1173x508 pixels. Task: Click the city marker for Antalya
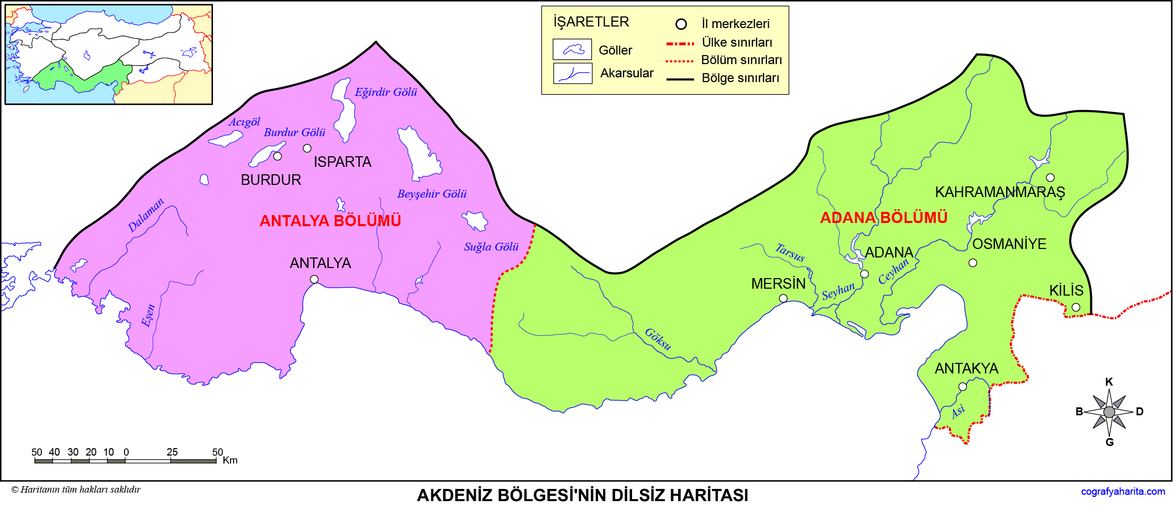click(314, 279)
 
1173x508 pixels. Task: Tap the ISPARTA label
click(342, 162)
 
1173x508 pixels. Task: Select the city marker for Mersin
click(783, 298)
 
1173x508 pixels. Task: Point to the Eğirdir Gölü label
click(386, 92)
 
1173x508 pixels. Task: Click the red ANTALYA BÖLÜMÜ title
click(330, 221)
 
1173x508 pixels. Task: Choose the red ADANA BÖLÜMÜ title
click(883, 218)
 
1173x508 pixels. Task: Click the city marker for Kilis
click(1076, 307)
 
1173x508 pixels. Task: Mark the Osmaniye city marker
click(973, 263)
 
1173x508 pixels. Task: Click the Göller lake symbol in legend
click(572, 49)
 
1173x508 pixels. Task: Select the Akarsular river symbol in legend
click(572, 73)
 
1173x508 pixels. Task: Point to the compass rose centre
click(1109, 412)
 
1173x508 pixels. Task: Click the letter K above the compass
click(1109, 382)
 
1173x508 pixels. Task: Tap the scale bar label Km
click(230, 460)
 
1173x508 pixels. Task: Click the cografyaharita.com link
click(1123, 492)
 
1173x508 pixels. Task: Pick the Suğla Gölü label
click(491, 247)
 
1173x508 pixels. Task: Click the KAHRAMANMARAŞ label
click(1000, 192)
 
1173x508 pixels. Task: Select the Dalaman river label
click(146, 215)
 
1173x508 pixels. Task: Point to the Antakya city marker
click(963, 387)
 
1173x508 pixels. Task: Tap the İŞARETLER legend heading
click(591, 22)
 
